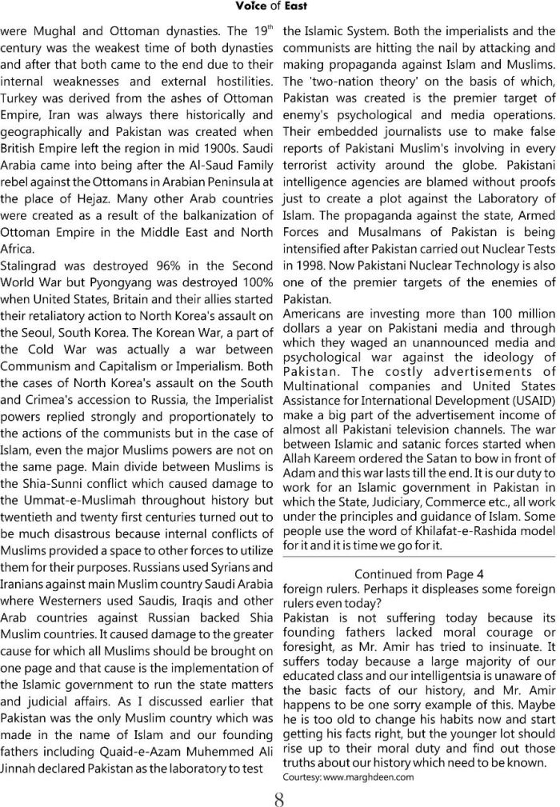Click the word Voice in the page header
point(254,7)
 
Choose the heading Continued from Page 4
point(418,573)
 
